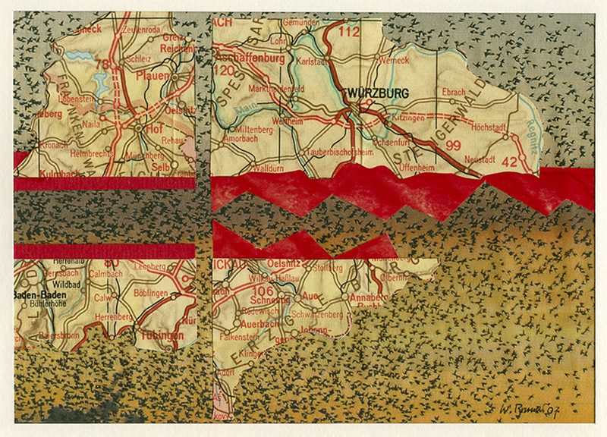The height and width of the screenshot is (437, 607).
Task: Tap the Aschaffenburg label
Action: (250, 58)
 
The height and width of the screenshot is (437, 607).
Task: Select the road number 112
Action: (350, 32)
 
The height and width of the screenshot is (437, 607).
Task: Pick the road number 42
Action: (509, 161)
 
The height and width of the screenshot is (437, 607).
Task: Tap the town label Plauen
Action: (151, 76)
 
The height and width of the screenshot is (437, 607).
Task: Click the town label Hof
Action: (156, 130)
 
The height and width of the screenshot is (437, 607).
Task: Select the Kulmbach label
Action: (39, 175)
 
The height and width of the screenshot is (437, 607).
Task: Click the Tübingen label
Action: (161, 335)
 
